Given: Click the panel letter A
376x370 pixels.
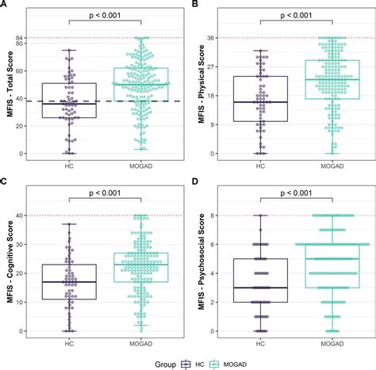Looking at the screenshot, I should click(x=6, y=6).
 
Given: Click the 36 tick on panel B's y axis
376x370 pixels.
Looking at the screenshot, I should click(x=212, y=38).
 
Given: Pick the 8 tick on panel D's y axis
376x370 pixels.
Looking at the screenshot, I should click(x=214, y=216).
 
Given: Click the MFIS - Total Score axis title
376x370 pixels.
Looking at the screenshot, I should click(x=8, y=96).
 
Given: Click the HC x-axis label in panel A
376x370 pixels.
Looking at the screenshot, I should click(x=69, y=164).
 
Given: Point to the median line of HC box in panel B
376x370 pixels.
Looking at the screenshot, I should click(x=259, y=101).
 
